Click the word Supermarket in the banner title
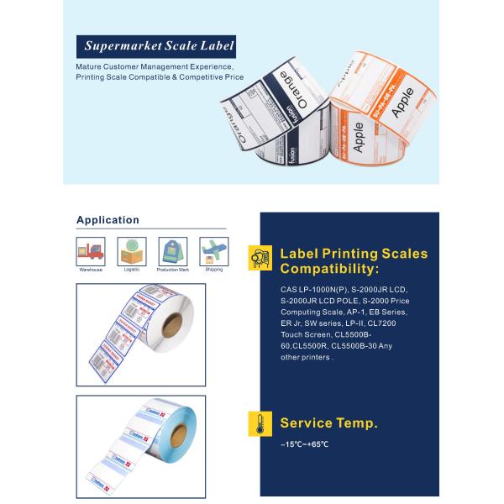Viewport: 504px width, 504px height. pyautogui.click(x=118, y=45)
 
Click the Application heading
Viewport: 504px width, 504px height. pyautogui.click(x=108, y=220)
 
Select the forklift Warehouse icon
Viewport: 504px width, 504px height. pyautogui.click(x=90, y=251)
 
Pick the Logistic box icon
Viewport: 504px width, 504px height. pyautogui.click(x=130, y=251)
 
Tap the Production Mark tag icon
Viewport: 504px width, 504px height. pyautogui.click(x=172, y=251)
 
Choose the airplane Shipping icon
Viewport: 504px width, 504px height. pyautogui.click(x=213, y=251)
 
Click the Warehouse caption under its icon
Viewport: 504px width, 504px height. pyautogui.click(x=90, y=270)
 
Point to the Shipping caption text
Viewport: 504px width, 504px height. pyautogui.click(x=214, y=270)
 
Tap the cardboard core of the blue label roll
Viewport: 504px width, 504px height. pyautogui.click(x=179, y=435)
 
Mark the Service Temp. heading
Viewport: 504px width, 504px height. pyautogui.click(x=328, y=423)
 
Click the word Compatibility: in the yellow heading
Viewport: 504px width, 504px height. pyautogui.click(x=329, y=269)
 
